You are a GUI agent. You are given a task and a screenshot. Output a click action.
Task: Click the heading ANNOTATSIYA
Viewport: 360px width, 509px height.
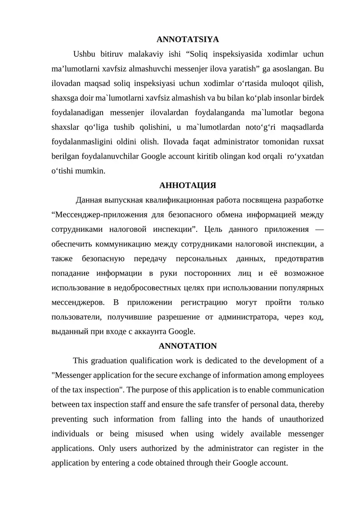pos(188,40)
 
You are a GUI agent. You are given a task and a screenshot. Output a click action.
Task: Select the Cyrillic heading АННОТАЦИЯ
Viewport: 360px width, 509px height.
pos(188,185)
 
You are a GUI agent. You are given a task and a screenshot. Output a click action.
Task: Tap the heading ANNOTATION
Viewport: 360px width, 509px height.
pos(188,346)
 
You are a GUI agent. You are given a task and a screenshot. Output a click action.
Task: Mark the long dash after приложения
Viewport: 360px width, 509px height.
pos(319,229)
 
